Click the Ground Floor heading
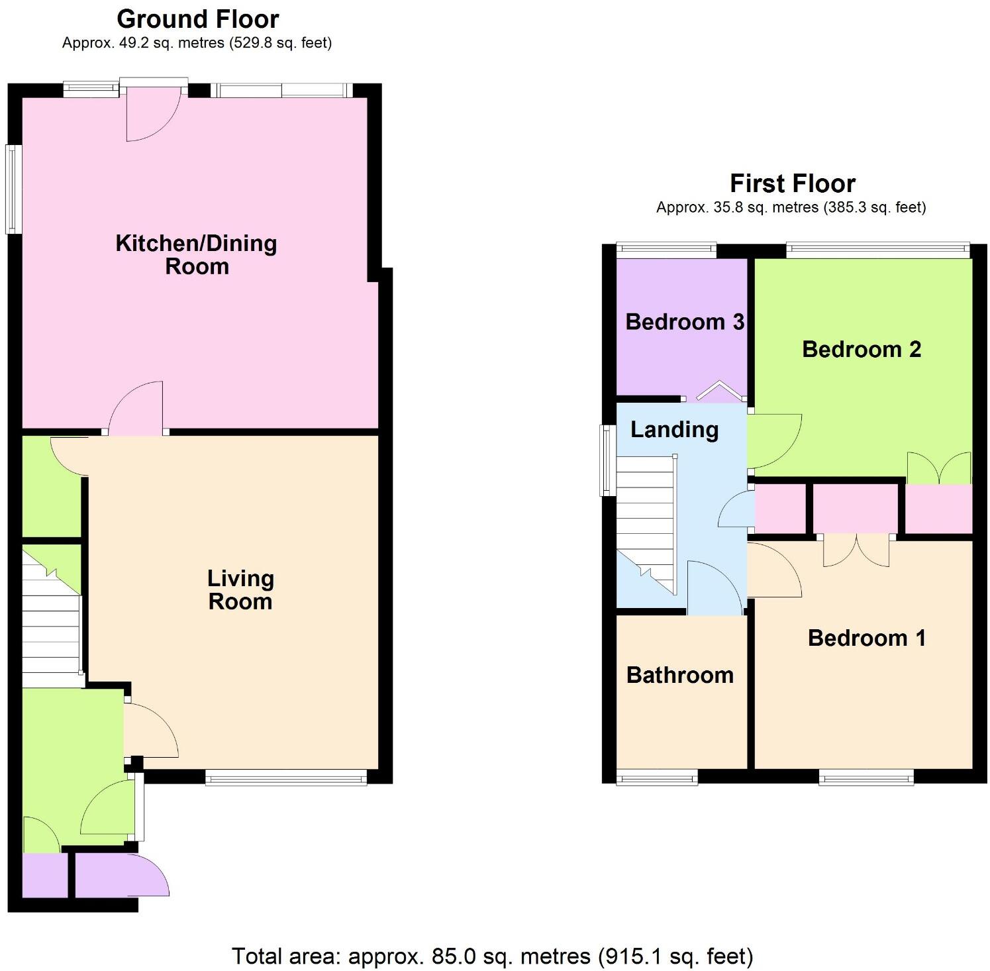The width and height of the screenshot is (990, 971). pos(197,19)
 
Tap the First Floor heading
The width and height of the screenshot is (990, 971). pos(792,183)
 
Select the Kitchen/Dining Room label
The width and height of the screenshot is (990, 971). pos(196,255)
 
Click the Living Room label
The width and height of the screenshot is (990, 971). pos(240,590)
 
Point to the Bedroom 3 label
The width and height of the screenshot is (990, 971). pos(684,322)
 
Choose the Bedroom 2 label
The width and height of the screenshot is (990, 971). pos(861,349)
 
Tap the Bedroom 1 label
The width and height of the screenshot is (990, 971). pos(866,638)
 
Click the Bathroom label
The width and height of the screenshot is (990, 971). pos(679,675)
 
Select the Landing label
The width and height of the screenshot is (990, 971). pos(674,430)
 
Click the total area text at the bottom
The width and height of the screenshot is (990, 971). pos(492,956)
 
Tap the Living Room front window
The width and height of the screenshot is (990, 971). pos(285,778)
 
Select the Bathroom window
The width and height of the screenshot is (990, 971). pos(656,778)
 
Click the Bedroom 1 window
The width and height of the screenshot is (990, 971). pos(866,778)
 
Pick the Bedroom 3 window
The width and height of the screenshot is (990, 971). pos(666,250)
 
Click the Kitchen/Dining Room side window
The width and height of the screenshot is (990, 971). pos(13,189)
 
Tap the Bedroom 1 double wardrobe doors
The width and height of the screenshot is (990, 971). pos(856,550)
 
